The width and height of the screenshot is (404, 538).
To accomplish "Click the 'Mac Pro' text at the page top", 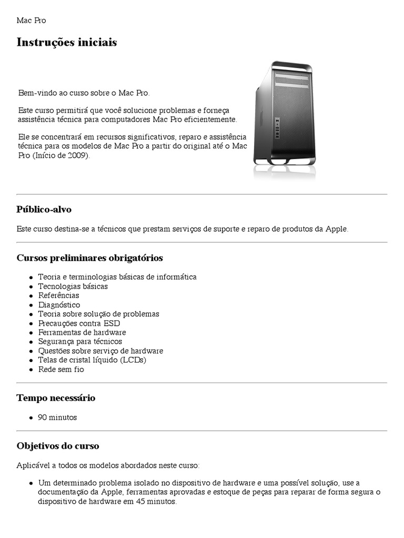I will tap(31, 20).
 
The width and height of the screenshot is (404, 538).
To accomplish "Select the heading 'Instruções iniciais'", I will tap(67, 43).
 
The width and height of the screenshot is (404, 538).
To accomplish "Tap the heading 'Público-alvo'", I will tap(44, 210).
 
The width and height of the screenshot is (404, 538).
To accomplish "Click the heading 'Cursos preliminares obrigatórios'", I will tap(90, 258).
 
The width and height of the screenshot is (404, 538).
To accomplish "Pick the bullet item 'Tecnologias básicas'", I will tap(73, 286).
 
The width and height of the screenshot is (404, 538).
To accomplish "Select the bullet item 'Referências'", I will tap(58, 295).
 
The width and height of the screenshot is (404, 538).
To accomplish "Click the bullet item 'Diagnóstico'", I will tap(59, 305).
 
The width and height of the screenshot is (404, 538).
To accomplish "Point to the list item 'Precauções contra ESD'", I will tap(79, 323).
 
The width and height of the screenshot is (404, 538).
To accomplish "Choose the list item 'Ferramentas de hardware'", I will tap(82, 333).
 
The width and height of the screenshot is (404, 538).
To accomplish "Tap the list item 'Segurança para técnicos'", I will tap(80, 342).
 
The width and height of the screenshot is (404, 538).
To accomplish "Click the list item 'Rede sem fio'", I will tap(61, 369).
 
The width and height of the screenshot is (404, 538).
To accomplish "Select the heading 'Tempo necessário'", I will tap(56, 398).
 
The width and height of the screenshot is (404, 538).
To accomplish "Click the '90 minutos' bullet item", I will tap(57, 417).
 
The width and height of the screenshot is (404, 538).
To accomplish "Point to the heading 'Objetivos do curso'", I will tap(58, 446).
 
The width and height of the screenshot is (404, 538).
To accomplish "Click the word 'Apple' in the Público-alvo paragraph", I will tap(337, 229).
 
